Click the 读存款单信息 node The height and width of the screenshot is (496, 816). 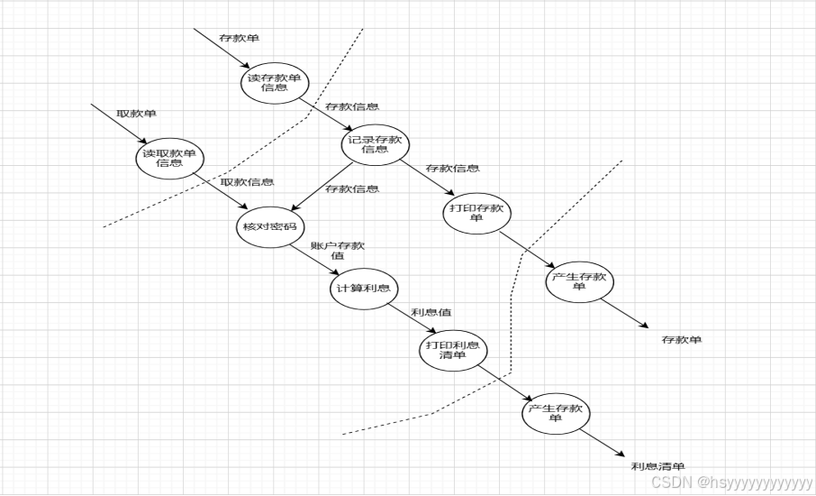point(275,82)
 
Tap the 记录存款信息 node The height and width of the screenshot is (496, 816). point(375,144)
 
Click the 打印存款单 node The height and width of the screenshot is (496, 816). point(476,213)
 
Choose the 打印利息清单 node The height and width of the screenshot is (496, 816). point(452,350)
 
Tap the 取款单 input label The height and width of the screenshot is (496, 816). point(136,114)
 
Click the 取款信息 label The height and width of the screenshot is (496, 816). point(248,182)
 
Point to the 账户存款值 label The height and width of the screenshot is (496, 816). point(338,250)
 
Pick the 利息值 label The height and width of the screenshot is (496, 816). point(431,312)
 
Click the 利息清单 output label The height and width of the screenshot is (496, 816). point(658,466)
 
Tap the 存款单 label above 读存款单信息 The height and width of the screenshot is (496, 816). point(240,39)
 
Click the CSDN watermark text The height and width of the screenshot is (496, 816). point(730,482)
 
